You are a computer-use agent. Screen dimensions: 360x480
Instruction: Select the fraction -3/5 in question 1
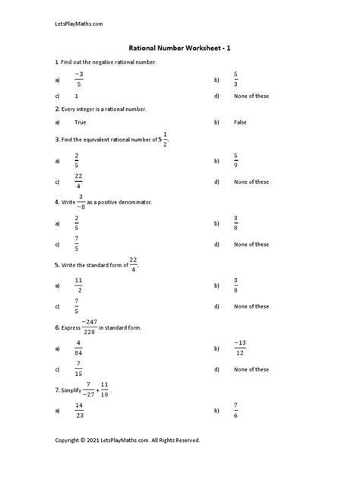[x=78, y=79]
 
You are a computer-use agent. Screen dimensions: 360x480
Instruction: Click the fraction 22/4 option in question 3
[x=78, y=182]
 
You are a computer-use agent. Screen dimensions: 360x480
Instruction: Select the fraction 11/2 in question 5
[x=78, y=286]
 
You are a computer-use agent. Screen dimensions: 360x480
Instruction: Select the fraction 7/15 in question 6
[x=78, y=369]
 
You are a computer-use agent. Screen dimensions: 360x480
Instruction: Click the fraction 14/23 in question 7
[x=78, y=411]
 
